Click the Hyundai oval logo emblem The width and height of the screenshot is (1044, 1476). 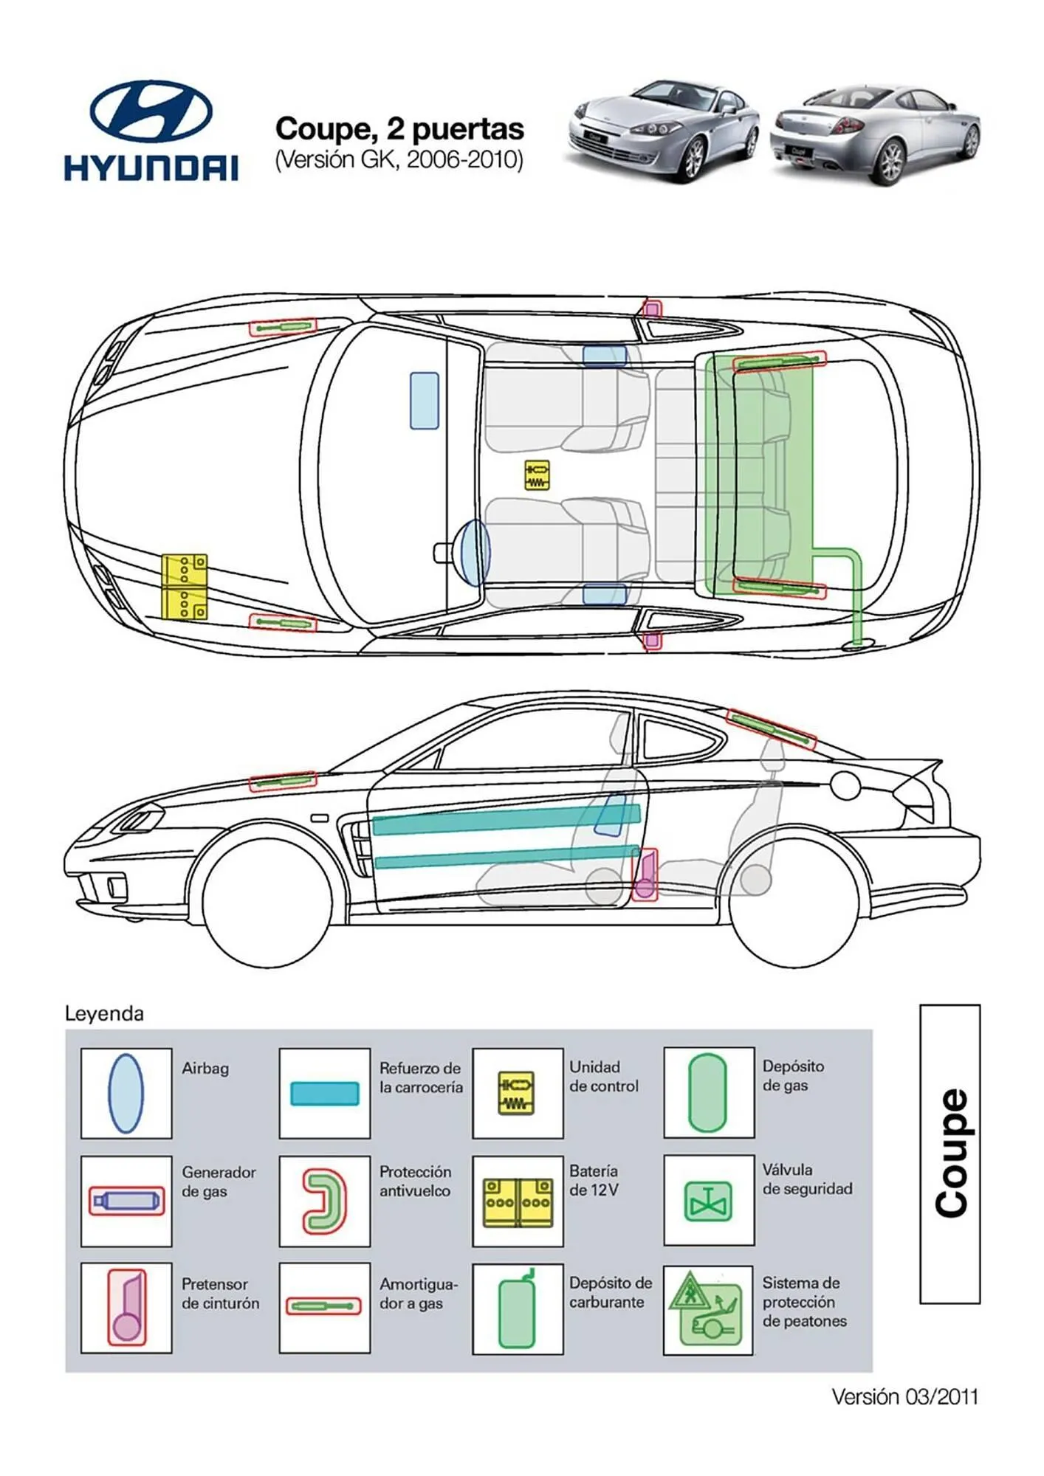[x=151, y=111]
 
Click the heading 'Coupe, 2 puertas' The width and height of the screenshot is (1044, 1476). [x=399, y=129]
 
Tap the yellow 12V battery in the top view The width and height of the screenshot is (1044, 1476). [x=185, y=587]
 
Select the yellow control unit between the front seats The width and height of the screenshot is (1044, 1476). [x=537, y=475]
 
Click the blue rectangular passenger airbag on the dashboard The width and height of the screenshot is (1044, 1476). [x=425, y=401]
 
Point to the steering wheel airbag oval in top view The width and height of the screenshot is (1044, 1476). [x=475, y=552]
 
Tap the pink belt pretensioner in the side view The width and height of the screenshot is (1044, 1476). [x=645, y=876]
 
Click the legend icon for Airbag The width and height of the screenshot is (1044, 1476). [x=126, y=1093]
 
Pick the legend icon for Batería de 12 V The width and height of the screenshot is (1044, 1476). [x=518, y=1202]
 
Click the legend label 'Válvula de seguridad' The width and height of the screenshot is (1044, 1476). [x=807, y=1179]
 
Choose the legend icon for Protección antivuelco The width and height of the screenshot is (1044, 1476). [x=324, y=1201]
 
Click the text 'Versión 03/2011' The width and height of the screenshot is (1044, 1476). [x=904, y=1397]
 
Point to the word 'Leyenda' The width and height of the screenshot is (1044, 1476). [x=104, y=1013]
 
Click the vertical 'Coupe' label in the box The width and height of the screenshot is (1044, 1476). [x=950, y=1153]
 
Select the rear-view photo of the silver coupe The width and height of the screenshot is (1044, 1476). [x=875, y=133]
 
